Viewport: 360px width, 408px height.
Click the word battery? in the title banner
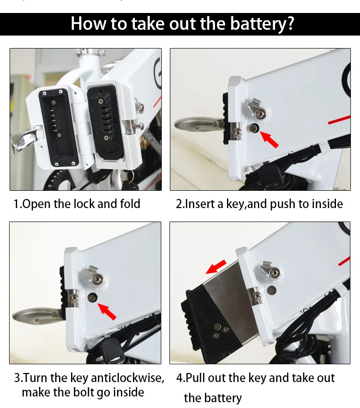[x=262, y=24]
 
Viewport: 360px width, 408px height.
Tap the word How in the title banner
[x=88, y=24]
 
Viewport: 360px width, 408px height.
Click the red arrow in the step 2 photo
[x=269, y=139]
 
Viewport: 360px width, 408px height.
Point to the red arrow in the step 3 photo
[x=107, y=311]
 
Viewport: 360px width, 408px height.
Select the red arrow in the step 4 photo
[x=216, y=267]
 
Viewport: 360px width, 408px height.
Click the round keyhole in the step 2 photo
[x=254, y=128]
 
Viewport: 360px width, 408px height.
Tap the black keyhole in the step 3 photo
[x=92, y=297]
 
